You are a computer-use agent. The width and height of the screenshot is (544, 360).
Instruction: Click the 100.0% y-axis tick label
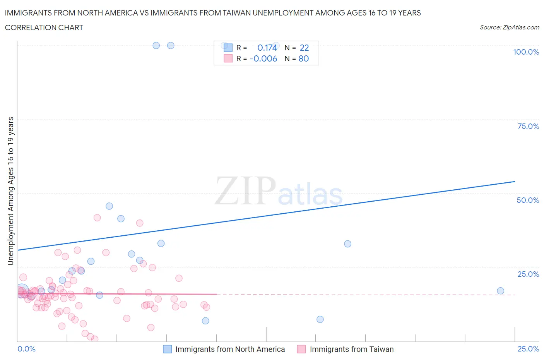click(x=526, y=52)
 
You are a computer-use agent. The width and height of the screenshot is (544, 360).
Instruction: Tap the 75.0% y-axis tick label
click(x=528, y=126)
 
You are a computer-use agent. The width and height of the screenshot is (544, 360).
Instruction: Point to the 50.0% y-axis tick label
click(x=528, y=200)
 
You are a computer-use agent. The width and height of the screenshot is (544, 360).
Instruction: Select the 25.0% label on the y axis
click(x=528, y=274)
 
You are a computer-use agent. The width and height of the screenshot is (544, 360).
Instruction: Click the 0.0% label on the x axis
click(x=26, y=349)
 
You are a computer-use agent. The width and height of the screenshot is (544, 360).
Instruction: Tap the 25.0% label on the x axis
click(x=528, y=349)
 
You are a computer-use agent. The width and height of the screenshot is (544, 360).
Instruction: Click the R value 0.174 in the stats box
click(x=267, y=48)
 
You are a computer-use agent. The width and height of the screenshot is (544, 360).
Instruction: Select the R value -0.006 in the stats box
click(x=263, y=58)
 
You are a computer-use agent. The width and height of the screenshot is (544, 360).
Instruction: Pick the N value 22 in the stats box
click(x=305, y=48)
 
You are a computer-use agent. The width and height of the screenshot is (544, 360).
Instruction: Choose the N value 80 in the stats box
click(x=304, y=58)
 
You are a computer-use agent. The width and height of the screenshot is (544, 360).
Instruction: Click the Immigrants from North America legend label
click(x=230, y=349)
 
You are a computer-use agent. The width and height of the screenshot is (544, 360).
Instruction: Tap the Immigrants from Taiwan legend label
click(x=351, y=349)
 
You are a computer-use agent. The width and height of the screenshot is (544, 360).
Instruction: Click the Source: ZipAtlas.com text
click(x=509, y=27)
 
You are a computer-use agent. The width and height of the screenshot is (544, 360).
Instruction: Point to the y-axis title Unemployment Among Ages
click(x=11, y=191)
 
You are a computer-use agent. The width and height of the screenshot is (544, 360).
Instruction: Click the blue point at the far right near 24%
click(x=500, y=291)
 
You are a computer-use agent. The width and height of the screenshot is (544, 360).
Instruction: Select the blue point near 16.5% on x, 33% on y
click(x=347, y=244)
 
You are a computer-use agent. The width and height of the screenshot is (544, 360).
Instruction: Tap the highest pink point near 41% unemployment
click(x=97, y=218)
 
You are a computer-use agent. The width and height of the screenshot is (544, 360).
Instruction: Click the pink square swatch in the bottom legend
click(x=301, y=349)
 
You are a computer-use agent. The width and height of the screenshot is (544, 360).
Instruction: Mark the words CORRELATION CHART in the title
click(x=44, y=27)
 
